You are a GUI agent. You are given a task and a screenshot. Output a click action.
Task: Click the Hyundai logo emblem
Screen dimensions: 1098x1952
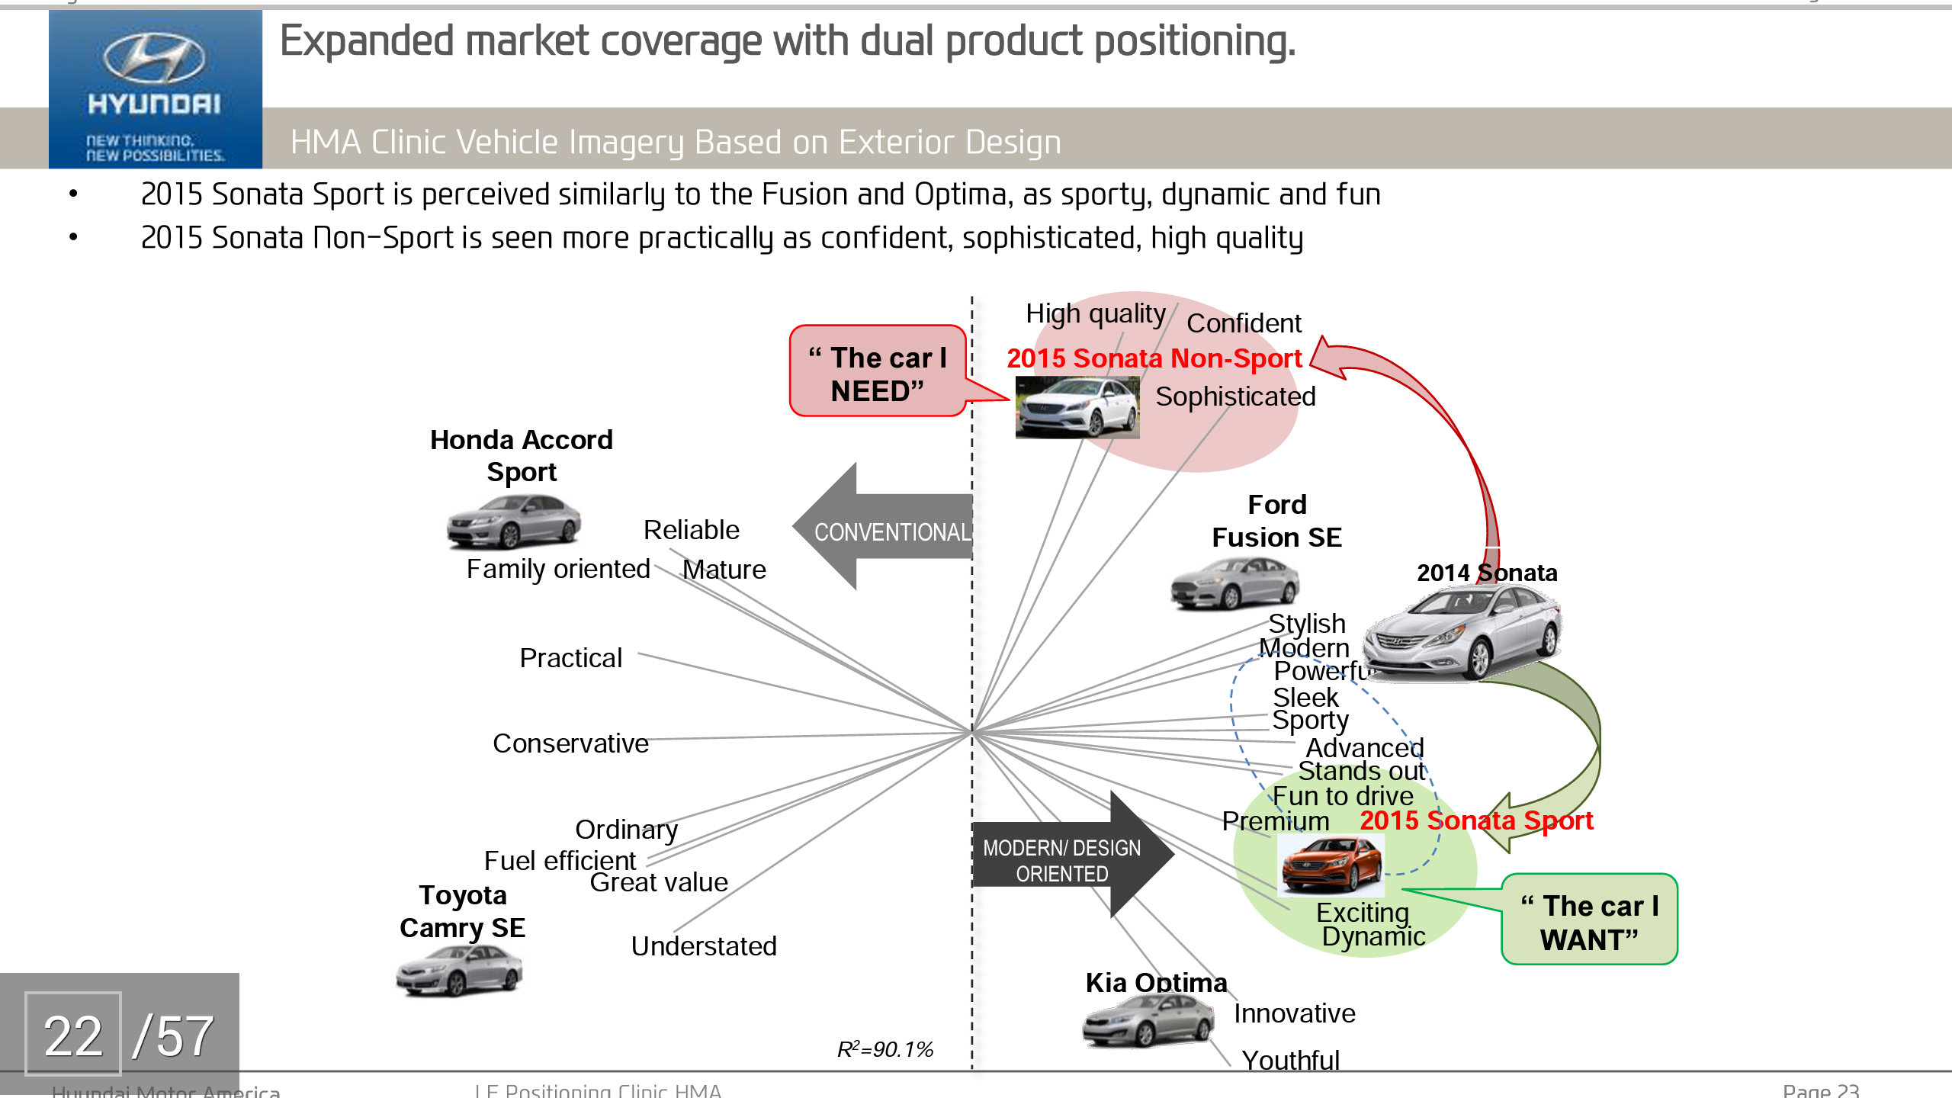click(x=154, y=59)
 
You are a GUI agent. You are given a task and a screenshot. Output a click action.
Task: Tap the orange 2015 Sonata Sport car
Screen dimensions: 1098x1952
click(x=1331, y=865)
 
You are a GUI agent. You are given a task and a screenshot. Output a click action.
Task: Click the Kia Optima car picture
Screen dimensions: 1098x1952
click(x=1148, y=1022)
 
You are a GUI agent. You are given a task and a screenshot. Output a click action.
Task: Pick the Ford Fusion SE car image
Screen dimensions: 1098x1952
click(x=1234, y=583)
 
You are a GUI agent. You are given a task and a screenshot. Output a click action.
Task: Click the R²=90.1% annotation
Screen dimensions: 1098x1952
click(x=884, y=1050)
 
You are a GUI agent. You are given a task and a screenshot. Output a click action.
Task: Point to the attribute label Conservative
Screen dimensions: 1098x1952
click(x=570, y=743)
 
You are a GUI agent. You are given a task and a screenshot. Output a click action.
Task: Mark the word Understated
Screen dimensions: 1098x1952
click(x=704, y=946)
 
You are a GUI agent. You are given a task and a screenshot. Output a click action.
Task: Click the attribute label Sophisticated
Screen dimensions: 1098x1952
click(x=1235, y=396)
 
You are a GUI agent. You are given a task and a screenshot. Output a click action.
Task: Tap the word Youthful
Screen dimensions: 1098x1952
click(x=1290, y=1060)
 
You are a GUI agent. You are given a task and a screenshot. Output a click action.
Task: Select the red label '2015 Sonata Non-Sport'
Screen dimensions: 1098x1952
click(x=1154, y=358)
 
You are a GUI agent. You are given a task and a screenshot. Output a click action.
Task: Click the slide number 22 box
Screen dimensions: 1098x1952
click(x=73, y=1035)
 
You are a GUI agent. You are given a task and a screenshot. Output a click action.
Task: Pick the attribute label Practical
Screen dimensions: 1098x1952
click(x=570, y=658)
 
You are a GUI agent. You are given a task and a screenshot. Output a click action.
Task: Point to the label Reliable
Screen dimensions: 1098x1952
click(x=691, y=530)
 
